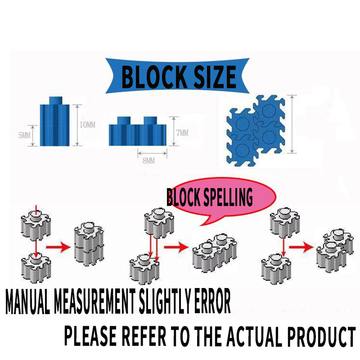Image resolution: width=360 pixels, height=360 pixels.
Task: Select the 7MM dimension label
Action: pos(182,133)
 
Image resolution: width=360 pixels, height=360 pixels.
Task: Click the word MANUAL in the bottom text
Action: pos(28,304)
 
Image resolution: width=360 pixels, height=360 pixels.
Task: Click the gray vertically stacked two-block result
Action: pos(88,243)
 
